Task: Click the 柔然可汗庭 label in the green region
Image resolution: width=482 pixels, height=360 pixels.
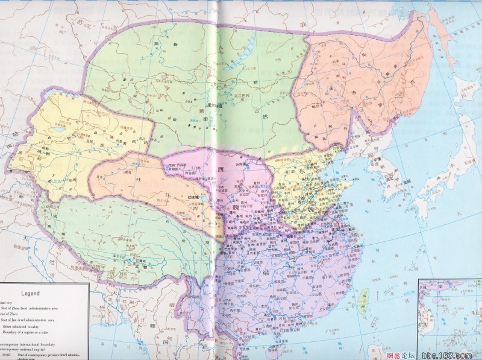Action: [x=212, y=106]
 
